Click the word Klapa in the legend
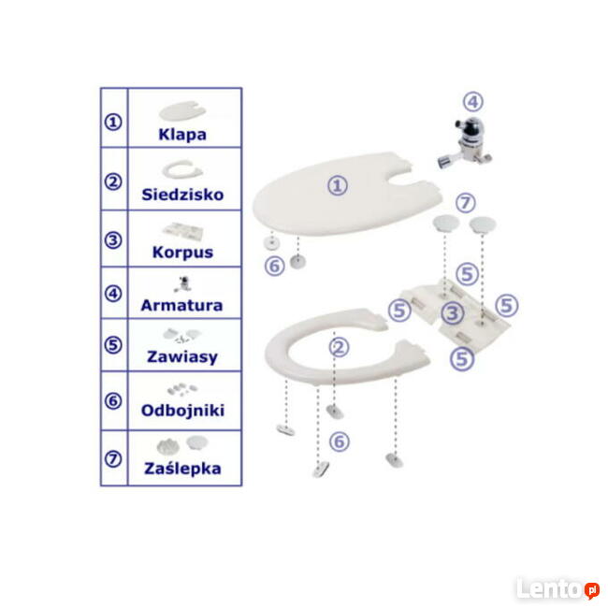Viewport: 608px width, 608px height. tap(182, 135)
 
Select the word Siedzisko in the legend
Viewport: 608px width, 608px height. tap(182, 195)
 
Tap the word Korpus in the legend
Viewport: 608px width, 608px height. tap(182, 253)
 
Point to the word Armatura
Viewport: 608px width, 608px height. tap(181, 305)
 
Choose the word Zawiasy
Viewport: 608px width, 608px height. tap(182, 357)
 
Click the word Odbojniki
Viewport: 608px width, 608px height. tap(182, 411)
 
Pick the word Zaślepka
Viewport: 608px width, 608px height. tap(182, 468)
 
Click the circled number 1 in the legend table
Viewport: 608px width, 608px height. tap(113, 123)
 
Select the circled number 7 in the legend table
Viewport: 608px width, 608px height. tap(113, 459)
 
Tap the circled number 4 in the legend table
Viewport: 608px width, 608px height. tap(113, 294)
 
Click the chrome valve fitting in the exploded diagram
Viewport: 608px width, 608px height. tap(465, 144)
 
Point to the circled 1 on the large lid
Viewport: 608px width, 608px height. tap(338, 185)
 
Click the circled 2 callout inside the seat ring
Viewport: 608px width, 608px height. tap(339, 347)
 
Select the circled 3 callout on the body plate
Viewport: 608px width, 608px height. tap(453, 313)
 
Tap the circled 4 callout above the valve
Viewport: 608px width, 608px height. tap(473, 102)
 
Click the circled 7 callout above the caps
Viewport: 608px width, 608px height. tap(465, 203)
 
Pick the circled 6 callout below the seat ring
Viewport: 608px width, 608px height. tap(340, 442)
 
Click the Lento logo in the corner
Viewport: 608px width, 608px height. tap(557, 589)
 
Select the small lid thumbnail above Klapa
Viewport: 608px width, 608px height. tap(182, 111)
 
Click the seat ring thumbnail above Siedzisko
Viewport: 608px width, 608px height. tap(182, 169)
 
